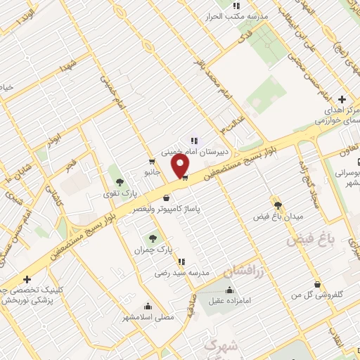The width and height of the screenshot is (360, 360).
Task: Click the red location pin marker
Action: point(181,165)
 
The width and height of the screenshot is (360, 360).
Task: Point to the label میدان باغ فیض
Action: point(278,217)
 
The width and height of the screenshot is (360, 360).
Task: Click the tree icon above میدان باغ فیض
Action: point(278,205)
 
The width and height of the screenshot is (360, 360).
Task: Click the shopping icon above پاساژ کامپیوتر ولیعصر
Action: point(166,198)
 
